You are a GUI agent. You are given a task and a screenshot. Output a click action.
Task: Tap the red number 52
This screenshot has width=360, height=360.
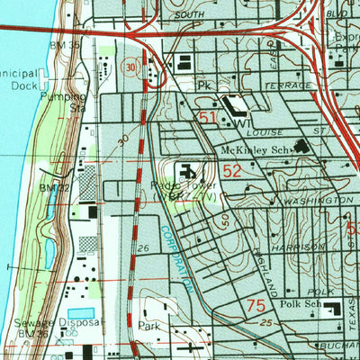tap(232, 170)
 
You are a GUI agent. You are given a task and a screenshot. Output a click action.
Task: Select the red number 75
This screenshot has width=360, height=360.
tap(256, 307)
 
